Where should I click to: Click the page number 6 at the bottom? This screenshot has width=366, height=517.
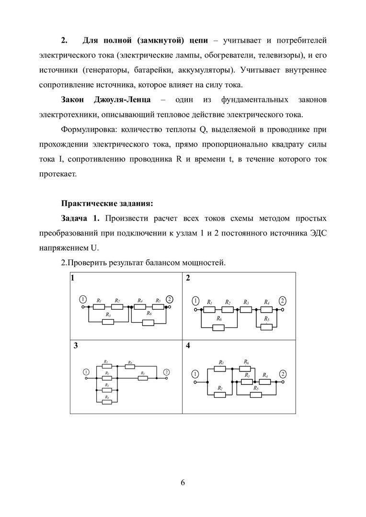[x=183, y=482]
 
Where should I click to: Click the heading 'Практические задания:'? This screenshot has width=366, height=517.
[x=107, y=203]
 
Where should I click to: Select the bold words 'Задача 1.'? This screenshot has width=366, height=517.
[x=80, y=219]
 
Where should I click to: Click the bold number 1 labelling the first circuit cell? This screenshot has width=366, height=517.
[x=72, y=278]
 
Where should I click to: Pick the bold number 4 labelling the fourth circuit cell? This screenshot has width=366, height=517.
[x=188, y=345]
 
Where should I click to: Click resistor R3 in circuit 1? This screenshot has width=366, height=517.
[x=108, y=322]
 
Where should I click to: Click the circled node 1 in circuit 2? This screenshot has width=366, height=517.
[x=195, y=301]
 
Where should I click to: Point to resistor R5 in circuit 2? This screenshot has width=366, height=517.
[x=267, y=327]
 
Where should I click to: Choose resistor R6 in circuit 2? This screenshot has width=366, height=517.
[x=218, y=327]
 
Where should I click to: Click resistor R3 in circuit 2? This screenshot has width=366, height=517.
[x=246, y=309]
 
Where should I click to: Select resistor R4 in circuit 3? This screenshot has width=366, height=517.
[x=107, y=402]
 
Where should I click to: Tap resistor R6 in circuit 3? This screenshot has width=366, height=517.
[x=129, y=367]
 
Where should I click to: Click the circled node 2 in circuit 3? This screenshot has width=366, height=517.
[x=166, y=371]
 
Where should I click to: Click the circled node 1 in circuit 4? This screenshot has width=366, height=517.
[x=195, y=374]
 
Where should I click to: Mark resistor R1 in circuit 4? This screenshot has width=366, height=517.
[x=220, y=369]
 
